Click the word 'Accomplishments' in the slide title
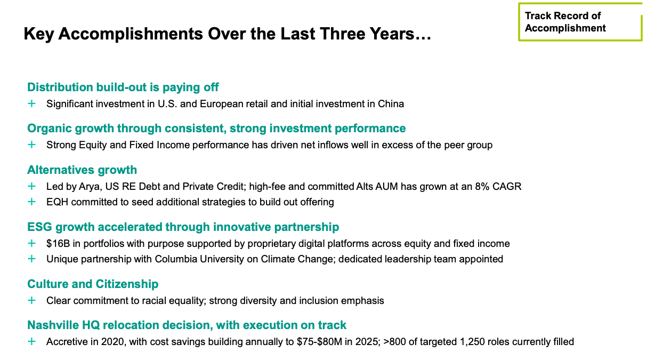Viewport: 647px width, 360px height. [130, 34]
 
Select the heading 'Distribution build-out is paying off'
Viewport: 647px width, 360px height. [123, 87]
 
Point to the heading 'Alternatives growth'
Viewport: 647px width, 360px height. [82, 170]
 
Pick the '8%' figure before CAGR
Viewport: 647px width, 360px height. [482, 187]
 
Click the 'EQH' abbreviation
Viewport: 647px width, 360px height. [57, 202]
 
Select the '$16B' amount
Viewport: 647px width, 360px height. [58, 244]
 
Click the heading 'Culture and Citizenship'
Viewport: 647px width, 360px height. [93, 284]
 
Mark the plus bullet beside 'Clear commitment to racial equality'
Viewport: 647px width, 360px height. [31, 300]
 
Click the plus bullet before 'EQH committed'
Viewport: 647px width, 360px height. [31, 202]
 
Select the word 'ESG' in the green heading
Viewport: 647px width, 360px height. [39, 227]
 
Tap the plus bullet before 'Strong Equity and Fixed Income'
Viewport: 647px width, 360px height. [31, 145]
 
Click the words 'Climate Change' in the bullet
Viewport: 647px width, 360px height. [298, 259]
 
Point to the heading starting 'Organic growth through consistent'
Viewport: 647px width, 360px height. [216, 129]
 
